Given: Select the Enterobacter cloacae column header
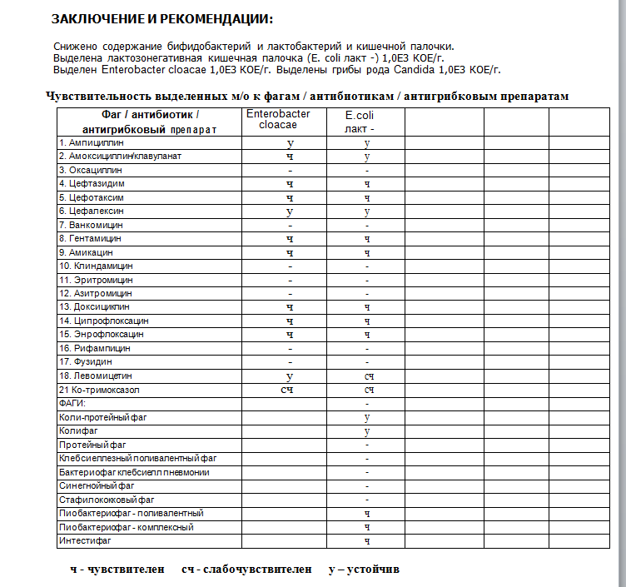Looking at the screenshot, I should pos(278,120).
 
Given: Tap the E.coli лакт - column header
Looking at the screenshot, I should pos(360,123).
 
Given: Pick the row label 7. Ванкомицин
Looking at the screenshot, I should pos(92,225).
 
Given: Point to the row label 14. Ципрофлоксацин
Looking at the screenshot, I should pos(104,320).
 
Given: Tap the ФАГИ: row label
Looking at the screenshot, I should pos(73,402).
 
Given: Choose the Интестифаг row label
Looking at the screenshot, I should pos(85,540).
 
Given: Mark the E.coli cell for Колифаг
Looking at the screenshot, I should pos(367,430).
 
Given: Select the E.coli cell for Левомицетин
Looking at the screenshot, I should pos(367,376).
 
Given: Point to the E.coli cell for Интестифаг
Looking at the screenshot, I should pos(367,541).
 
